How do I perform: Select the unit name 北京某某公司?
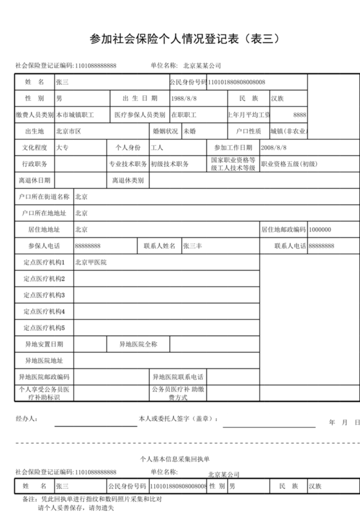tap(202, 66)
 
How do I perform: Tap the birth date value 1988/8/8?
tap(184, 99)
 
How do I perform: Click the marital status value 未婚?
tap(189, 131)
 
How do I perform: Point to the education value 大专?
tap(62, 148)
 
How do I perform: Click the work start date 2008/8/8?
tap(274, 148)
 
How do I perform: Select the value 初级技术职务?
tap(170, 164)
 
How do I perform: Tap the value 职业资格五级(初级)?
tap(289, 164)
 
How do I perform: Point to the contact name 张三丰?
tap(193, 246)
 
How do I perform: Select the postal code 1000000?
tap(320, 230)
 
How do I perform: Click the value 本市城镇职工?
tap(75, 115)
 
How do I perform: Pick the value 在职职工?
tap(184, 115)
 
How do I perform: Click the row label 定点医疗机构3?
tap(44, 295)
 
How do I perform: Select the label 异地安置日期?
tap(44, 345)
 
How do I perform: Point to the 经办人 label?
tap(27, 419)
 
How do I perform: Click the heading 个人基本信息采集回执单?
tap(175, 459)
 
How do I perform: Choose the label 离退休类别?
tap(128, 180)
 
